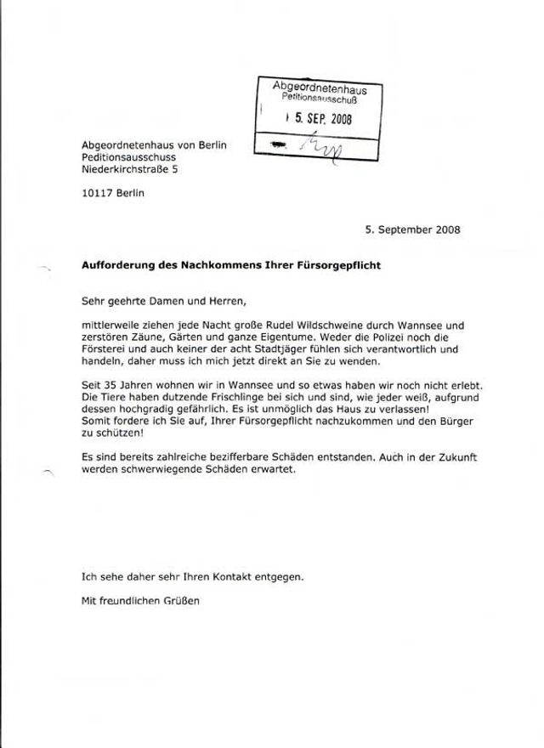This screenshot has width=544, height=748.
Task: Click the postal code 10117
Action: pyautogui.click(x=97, y=194)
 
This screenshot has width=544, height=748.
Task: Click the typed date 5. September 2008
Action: pyautogui.click(x=413, y=229)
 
